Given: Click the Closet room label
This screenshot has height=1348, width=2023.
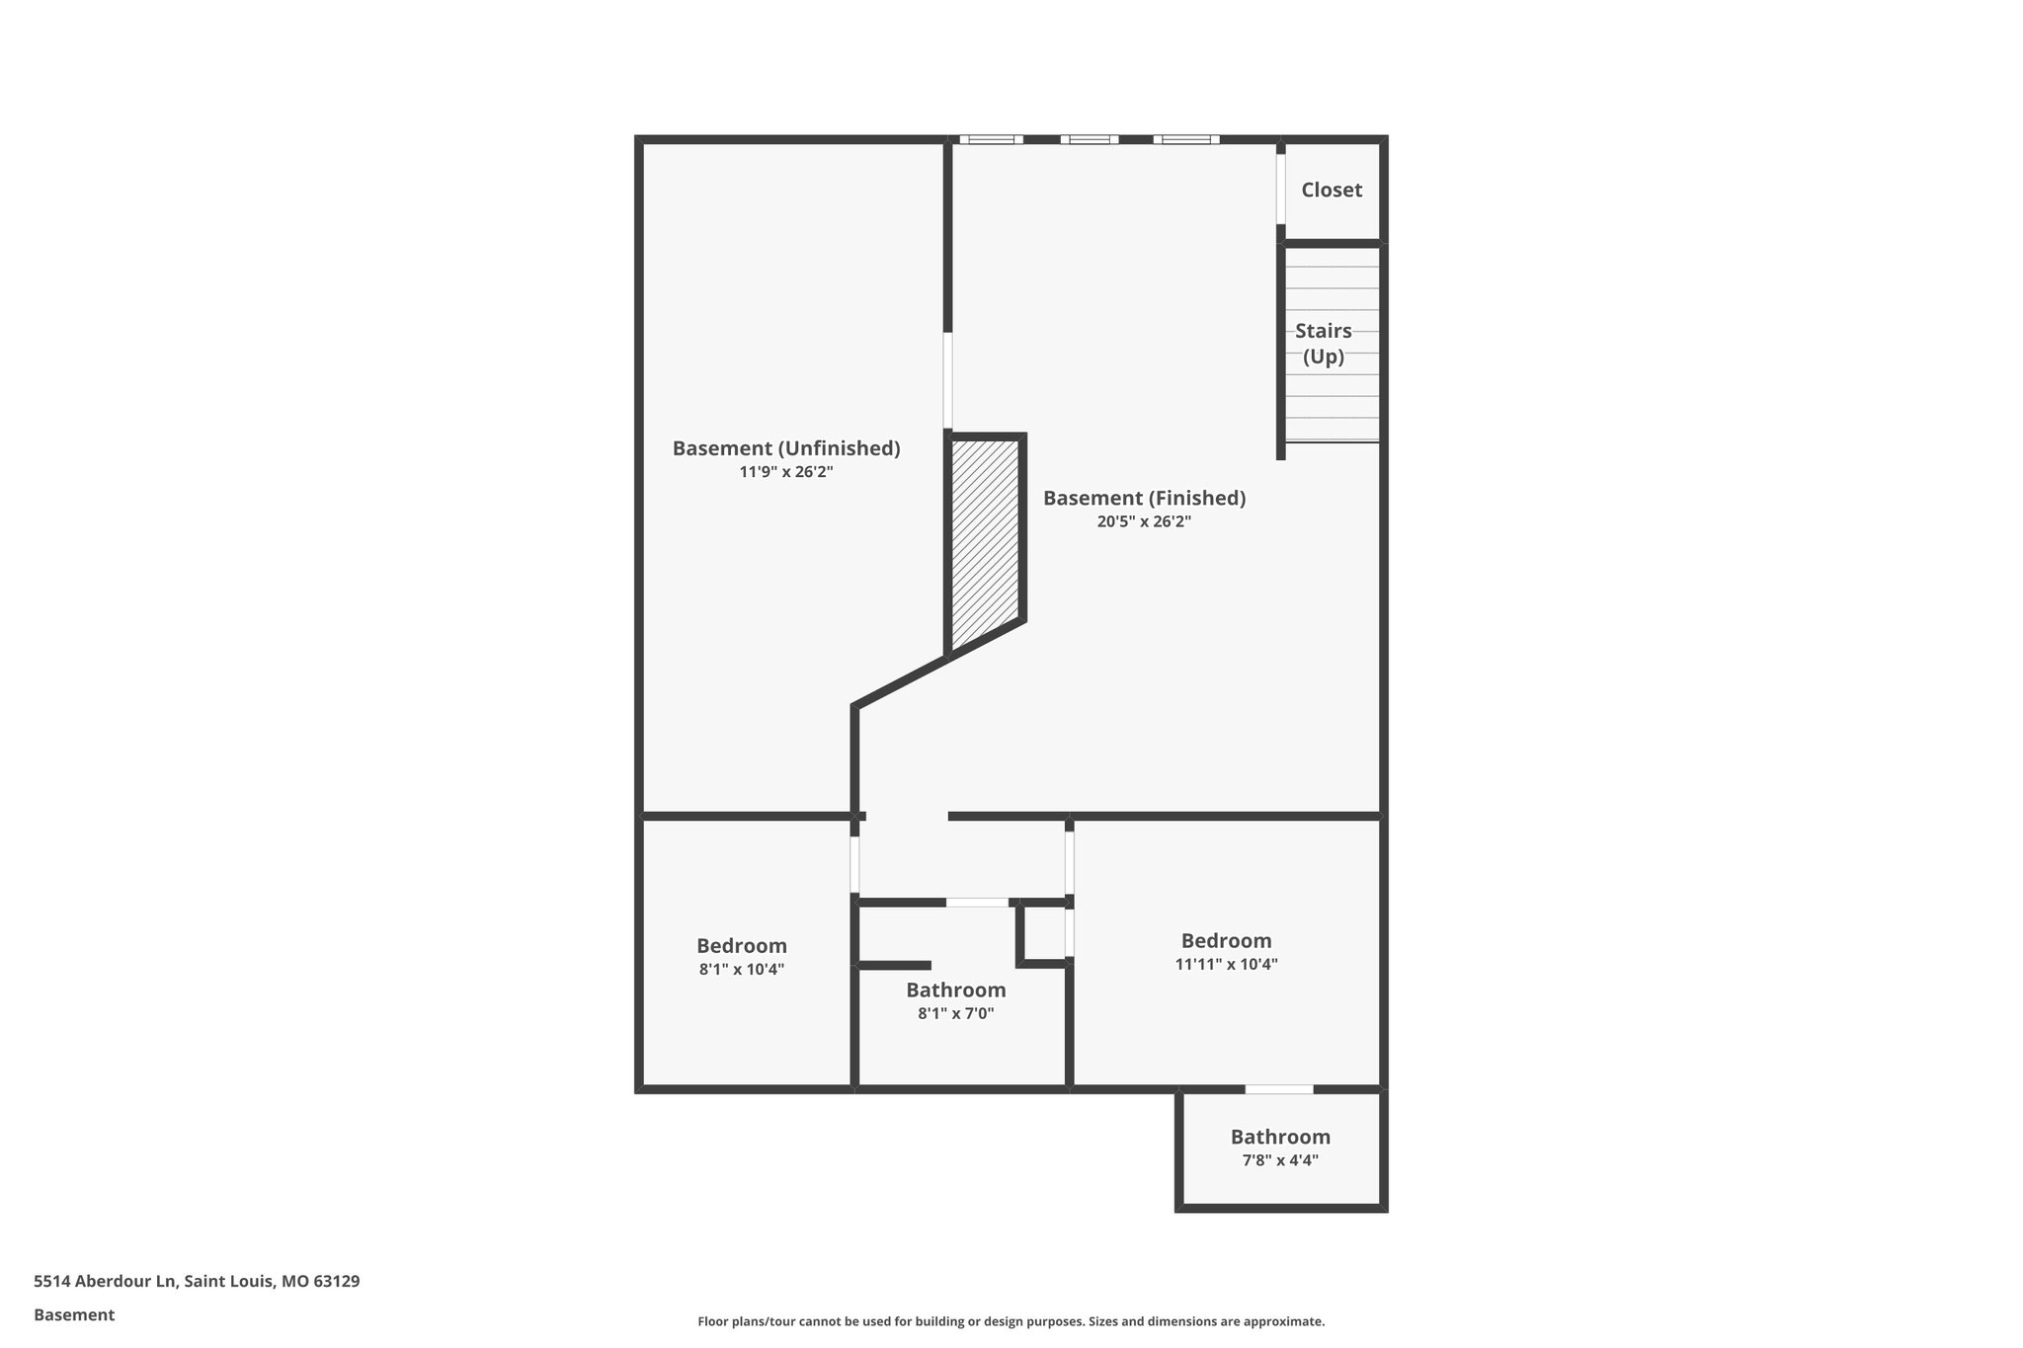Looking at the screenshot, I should (1331, 190).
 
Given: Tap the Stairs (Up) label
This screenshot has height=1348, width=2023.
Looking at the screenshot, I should (1323, 344).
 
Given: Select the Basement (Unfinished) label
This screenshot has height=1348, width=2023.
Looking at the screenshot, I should (786, 448).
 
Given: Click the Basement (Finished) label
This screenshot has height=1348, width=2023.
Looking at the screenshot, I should (1144, 499).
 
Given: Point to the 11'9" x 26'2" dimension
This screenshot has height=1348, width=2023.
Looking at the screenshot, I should (786, 472).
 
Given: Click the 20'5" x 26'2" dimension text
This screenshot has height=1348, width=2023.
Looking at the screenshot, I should (1144, 522).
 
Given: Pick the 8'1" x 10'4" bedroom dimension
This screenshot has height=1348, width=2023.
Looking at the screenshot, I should (741, 970).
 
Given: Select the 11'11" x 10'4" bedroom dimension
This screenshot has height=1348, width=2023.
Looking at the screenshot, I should (1226, 965).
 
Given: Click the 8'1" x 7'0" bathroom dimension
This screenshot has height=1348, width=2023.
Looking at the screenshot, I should (955, 1013).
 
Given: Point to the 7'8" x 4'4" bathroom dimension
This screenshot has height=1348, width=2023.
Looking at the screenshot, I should (1280, 1160).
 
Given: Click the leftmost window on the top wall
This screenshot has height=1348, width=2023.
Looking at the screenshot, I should (991, 139).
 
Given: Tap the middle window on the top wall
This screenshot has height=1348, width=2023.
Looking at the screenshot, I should (1090, 139).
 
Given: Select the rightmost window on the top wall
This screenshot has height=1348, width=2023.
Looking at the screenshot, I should (1185, 139).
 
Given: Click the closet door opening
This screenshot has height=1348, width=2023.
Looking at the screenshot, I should (1281, 189).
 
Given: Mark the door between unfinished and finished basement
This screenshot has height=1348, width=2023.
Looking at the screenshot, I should (947, 380).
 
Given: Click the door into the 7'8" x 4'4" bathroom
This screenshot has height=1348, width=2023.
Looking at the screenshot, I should (1278, 1089).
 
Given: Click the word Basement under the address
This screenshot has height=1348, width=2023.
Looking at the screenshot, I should (74, 1314).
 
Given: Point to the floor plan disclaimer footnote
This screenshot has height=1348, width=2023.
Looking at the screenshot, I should (1011, 1321).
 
